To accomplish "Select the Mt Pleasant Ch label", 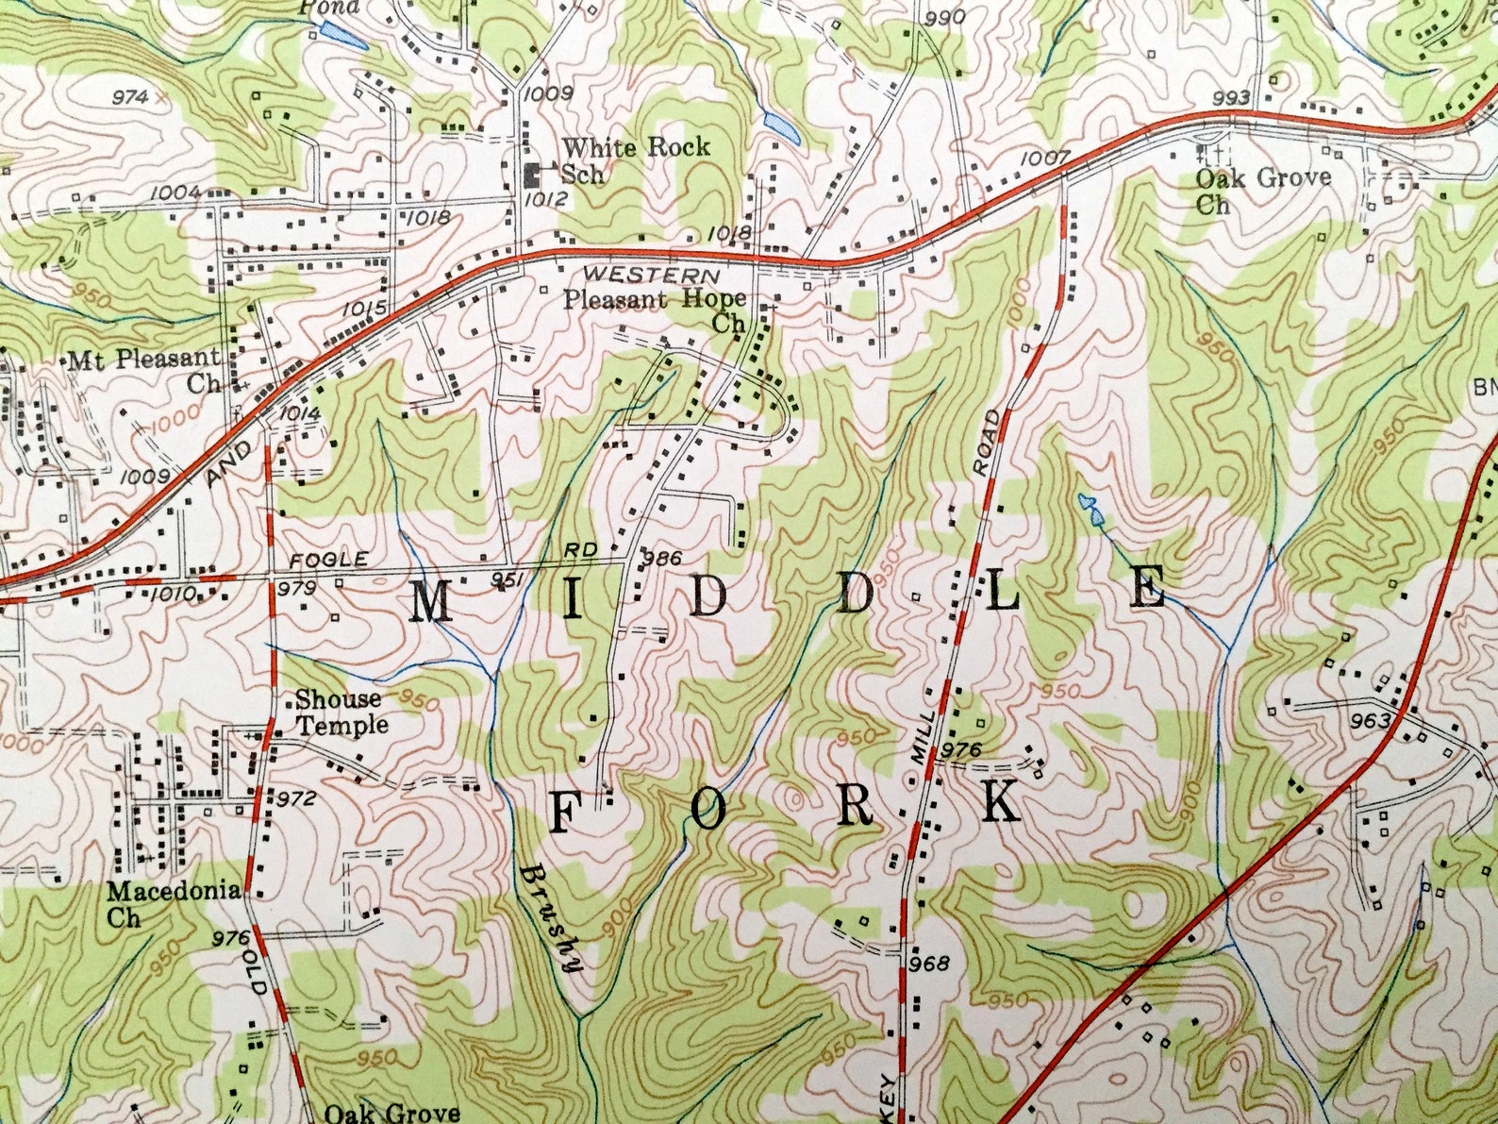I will (x=144, y=371).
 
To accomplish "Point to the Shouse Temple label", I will (x=341, y=712).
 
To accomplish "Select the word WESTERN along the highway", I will (x=651, y=275).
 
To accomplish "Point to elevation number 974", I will (x=131, y=96).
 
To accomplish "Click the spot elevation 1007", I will (x=1043, y=158).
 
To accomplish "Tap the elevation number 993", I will (x=1231, y=98).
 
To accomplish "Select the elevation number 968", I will (x=930, y=964).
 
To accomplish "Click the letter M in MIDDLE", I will (x=431, y=601).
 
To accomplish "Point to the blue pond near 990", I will (x=782, y=126).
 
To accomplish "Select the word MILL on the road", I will (x=925, y=737).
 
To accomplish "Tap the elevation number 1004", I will (x=175, y=193).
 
